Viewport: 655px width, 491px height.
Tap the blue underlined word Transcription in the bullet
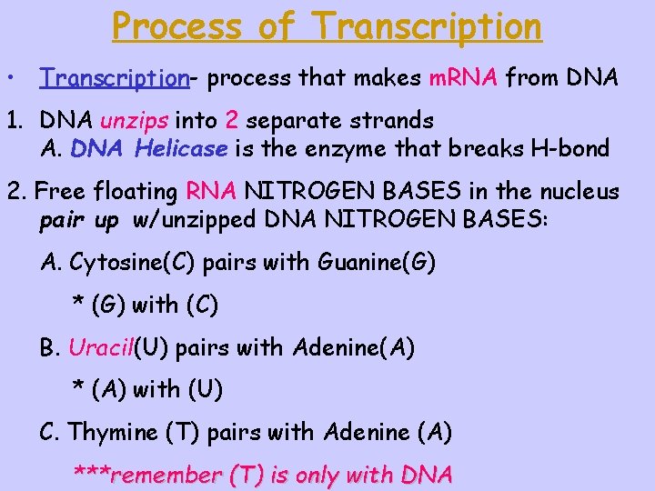[x=114, y=78]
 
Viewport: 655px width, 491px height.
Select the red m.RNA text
[x=463, y=78]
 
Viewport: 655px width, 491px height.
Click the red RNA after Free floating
[x=211, y=192]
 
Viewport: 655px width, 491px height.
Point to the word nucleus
[x=574, y=192]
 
